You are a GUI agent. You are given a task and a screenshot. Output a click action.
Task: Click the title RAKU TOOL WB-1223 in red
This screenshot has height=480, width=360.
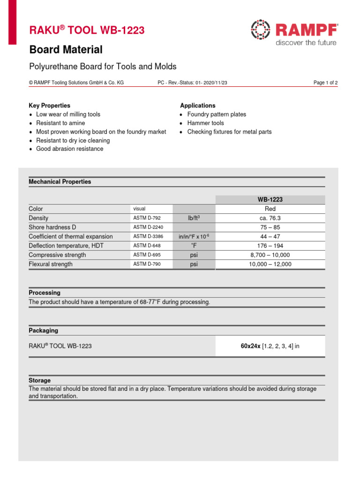[x=87, y=30]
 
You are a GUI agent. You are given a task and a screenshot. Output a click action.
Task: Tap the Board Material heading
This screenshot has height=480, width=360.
[x=66, y=49]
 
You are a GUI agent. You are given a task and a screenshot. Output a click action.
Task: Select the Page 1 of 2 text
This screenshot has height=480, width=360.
[x=325, y=82]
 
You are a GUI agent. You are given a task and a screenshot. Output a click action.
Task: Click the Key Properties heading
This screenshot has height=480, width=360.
[x=49, y=105]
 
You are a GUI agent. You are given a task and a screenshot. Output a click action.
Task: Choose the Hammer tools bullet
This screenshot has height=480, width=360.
[x=205, y=123]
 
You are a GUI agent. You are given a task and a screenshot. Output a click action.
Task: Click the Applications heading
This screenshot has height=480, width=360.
[x=198, y=105]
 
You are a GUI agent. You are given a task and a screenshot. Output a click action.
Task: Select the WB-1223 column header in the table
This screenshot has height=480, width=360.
[x=270, y=200]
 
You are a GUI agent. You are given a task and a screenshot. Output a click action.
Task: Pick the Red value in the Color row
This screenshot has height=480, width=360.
[x=270, y=209]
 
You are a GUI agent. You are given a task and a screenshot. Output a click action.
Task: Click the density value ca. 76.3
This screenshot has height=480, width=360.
[x=270, y=218]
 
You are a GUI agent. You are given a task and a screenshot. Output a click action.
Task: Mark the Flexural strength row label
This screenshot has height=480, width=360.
[x=50, y=264]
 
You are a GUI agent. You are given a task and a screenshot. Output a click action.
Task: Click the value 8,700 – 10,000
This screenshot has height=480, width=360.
[x=270, y=255]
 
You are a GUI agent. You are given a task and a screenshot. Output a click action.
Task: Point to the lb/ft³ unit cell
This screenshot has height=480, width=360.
[x=194, y=218]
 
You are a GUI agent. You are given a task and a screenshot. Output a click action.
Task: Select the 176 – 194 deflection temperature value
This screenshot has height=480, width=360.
[x=270, y=246]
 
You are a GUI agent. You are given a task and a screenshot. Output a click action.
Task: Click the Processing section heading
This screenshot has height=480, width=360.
[x=45, y=292]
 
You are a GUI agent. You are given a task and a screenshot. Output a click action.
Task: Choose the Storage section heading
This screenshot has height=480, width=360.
[x=39, y=381]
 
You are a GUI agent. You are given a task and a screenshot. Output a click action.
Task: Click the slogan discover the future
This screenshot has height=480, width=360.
[x=306, y=43]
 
